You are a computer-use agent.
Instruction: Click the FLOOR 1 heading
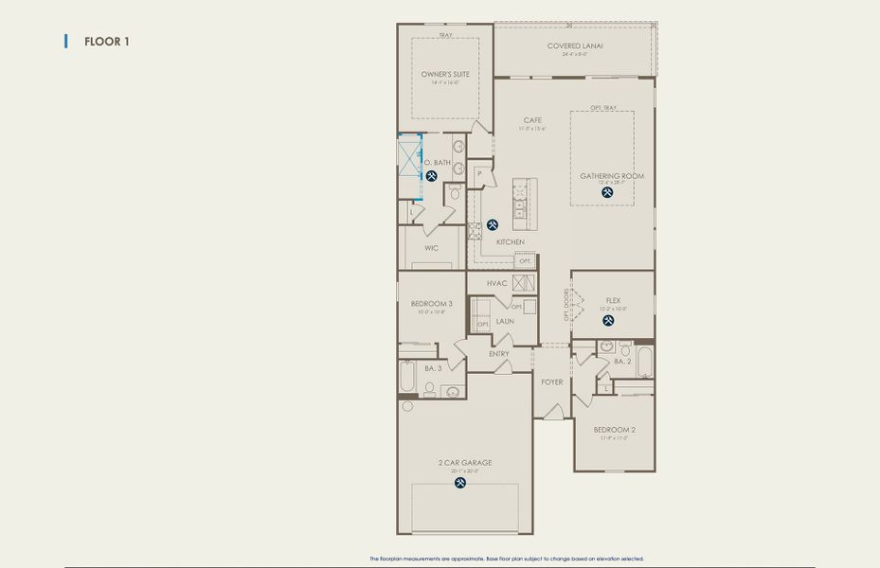(x=106, y=42)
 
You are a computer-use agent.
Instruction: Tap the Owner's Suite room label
(x=445, y=74)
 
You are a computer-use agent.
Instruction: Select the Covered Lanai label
(x=575, y=45)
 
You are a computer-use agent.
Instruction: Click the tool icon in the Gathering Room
(x=607, y=192)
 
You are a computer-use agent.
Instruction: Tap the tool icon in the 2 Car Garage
(x=461, y=483)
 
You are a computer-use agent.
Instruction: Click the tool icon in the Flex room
(x=607, y=320)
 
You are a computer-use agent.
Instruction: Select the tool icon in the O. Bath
(x=431, y=176)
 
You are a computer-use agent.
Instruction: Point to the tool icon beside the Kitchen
(x=493, y=225)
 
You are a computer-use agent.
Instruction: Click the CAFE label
(x=532, y=120)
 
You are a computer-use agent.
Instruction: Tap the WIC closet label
(x=431, y=248)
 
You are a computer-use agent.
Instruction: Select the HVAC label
(x=496, y=283)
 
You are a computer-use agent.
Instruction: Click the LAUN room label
(x=504, y=321)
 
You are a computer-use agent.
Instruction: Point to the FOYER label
(x=551, y=382)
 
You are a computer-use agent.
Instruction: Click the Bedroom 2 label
(x=614, y=429)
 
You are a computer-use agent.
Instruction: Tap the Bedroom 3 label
(x=431, y=304)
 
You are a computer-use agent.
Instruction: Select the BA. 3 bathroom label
(x=432, y=367)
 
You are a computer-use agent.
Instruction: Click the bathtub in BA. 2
(x=644, y=362)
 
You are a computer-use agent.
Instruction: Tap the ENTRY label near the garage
(x=498, y=354)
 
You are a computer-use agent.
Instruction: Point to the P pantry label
(x=480, y=173)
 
